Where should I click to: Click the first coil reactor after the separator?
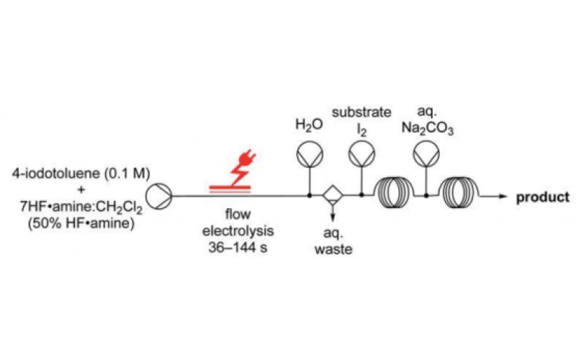pyautogui.click(x=394, y=195)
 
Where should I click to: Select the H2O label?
pyautogui.click(x=310, y=125)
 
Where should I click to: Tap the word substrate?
pyautogui.click(x=361, y=112)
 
